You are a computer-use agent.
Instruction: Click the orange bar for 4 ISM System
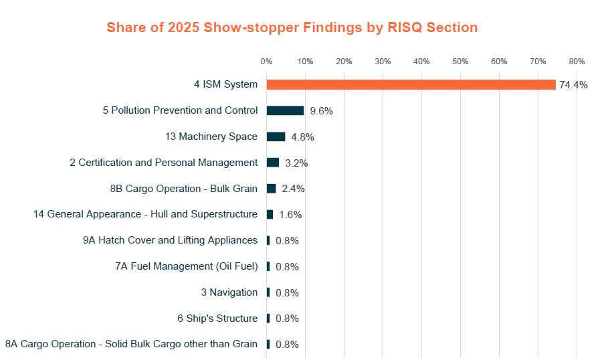[x=411, y=84]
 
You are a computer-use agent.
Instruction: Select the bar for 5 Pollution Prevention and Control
[x=285, y=110]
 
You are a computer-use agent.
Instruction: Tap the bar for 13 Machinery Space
[x=276, y=137]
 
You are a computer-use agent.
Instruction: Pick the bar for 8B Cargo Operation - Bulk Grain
[x=271, y=189]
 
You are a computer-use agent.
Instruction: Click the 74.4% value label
[x=573, y=85]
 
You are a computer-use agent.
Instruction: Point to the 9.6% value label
[x=321, y=111]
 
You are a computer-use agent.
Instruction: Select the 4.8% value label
[x=302, y=137]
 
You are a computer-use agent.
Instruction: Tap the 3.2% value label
[x=296, y=163]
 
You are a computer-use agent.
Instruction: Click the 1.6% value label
[x=290, y=215]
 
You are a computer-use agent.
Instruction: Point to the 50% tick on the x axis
[x=460, y=62]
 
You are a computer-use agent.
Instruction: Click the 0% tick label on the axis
[x=266, y=62]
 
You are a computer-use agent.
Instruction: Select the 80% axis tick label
[x=577, y=62]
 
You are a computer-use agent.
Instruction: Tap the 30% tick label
[x=383, y=62]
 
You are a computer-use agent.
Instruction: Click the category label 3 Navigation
[x=229, y=292]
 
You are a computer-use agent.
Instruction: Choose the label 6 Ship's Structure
[x=217, y=319]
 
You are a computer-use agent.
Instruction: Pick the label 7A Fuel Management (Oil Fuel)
[x=186, y=266]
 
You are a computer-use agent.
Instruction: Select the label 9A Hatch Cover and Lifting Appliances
[x=170, y=240]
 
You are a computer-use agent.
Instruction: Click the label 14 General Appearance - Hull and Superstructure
[x=145, y=214]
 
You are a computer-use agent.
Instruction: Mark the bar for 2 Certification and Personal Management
[x=273, y=163]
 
